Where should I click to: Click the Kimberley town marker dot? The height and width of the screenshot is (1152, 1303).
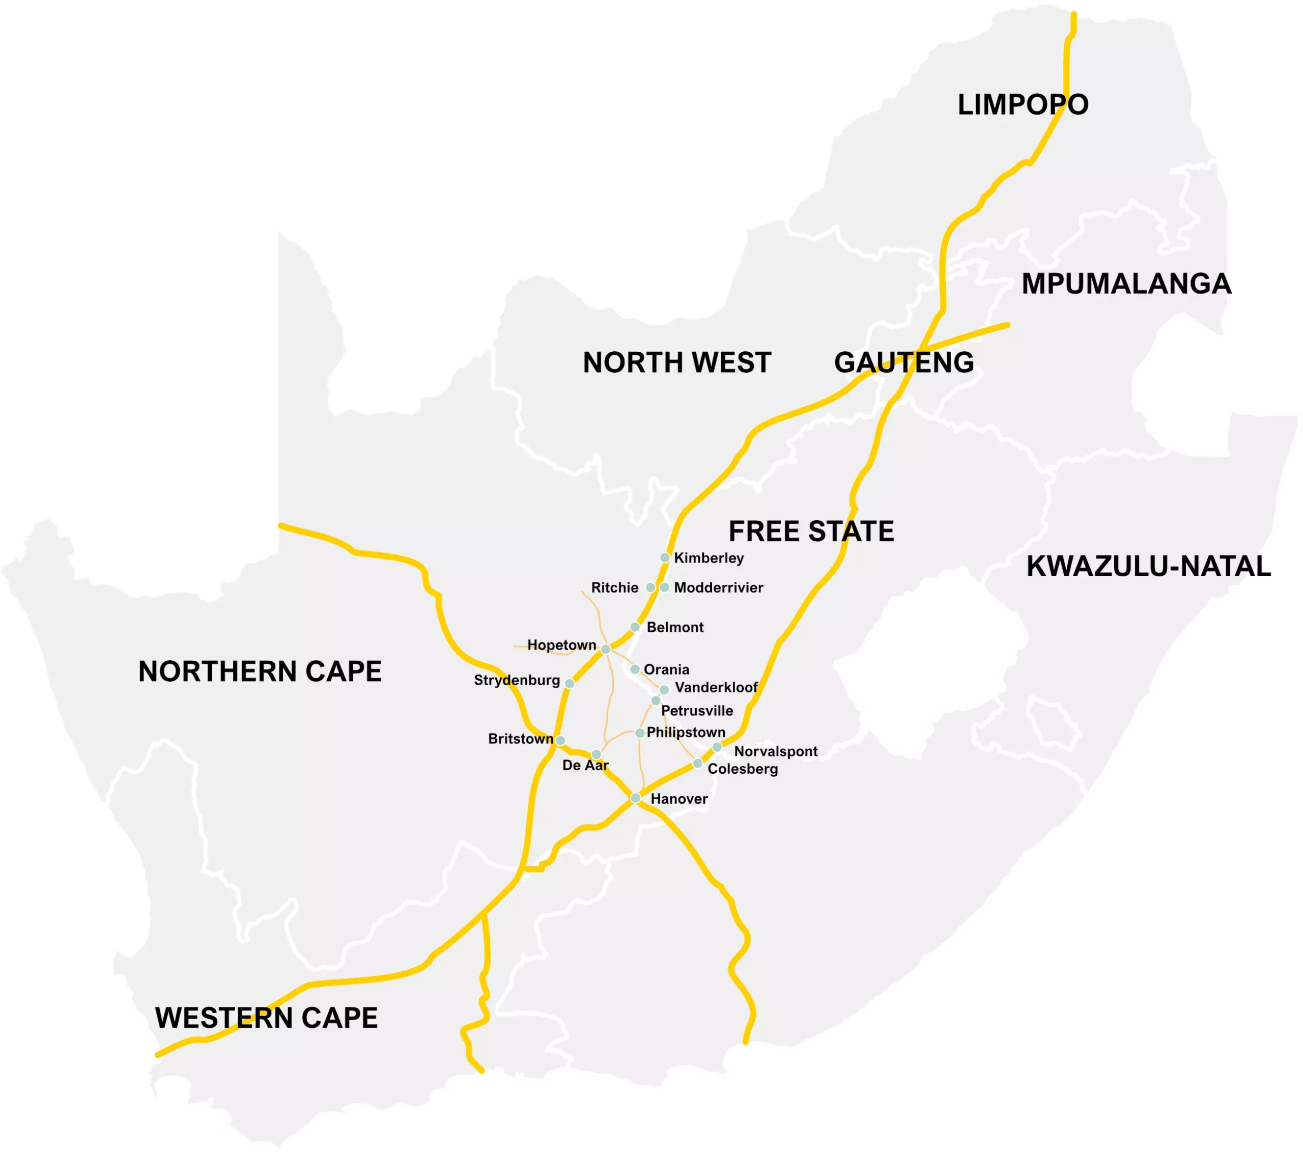click(x=665, y=558)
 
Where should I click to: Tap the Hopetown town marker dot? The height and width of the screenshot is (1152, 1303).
click(x=606, y=649)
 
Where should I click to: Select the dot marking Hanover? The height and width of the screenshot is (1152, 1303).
click(x=636, y=798)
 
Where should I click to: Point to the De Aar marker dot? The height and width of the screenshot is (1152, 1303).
click(x=596, y=754)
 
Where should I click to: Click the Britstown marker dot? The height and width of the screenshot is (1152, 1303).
click(x=560, y=740)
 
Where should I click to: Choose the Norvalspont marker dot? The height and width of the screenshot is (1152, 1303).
click(x=717, y=747)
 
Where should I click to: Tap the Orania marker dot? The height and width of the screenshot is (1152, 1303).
click(x=635, y=669)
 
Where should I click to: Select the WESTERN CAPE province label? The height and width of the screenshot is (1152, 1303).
click(x=267, y=1018)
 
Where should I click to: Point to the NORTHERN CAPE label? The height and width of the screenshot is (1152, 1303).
click(x=260, y=671)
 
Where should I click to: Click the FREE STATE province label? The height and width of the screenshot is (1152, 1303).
click(x=811, y=531)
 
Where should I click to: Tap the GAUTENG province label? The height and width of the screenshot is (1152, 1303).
click(x=904, y=362)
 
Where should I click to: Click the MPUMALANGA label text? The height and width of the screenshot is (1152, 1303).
click(x=1126, y=284)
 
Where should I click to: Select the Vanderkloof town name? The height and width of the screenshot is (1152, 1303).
click(x=717, y=687)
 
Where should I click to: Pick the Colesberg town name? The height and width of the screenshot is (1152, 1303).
click(x=743, y=769)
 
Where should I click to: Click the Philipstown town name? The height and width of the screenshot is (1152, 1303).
click(x=686, y=733)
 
